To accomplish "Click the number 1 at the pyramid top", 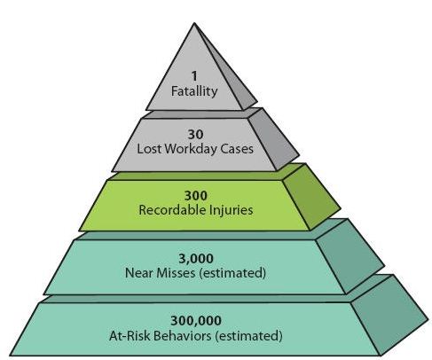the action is [x=194, y=76].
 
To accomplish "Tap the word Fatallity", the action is [x=194, y=90].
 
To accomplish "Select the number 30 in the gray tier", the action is [x=195, y=135].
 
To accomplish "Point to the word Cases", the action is [x=237, y=148].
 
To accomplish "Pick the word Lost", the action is [x=149, y=148].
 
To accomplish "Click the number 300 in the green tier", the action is [x=195, y=196].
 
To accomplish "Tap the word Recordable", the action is [x=173, y=210].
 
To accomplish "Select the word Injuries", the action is [x=232, y=210].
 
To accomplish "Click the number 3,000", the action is [x=196, y=259].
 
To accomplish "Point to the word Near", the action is [x=139, y=272].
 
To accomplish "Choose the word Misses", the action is [x=176, y=272].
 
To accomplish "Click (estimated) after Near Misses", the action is [x=232, y=273].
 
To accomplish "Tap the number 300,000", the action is [x=196, y=321].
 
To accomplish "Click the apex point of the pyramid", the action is [x=194, y=23].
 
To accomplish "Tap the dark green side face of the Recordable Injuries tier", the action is [x=312, y=197].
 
